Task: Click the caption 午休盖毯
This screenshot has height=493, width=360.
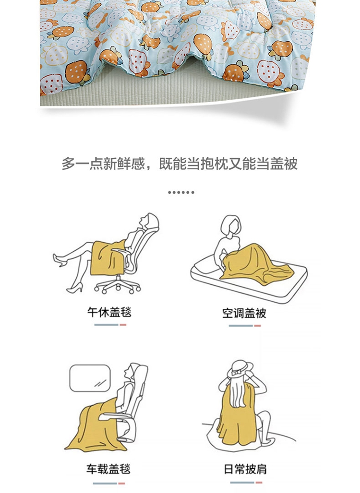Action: tap(109, 312)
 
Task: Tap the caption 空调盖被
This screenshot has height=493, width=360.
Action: tap(244, 313)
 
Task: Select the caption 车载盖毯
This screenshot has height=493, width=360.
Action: tap(108, 469)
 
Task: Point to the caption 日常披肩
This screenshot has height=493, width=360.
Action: tap(245, 469)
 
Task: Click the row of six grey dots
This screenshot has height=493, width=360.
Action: tap(181, 192)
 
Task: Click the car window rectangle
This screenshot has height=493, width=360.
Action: tap(90, 378)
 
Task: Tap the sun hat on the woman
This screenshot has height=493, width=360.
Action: tap(241, 368)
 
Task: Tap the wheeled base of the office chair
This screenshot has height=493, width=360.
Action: tap(117, 285)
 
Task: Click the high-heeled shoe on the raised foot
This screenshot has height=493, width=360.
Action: tap(59, 261)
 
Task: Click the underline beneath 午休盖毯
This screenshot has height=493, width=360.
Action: tap(110, 325)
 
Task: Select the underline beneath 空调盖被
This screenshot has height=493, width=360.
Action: tap(245, 326)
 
